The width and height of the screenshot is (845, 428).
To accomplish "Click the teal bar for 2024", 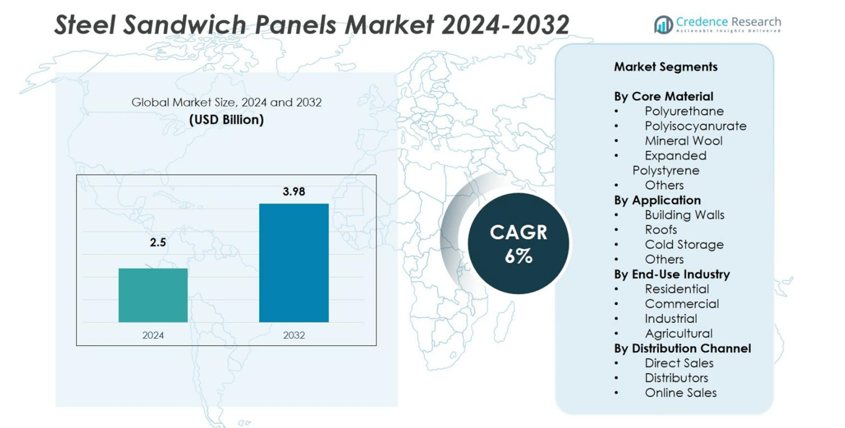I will (x=153, y=295).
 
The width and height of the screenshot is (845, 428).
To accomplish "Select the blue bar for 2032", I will (x=294, y=262).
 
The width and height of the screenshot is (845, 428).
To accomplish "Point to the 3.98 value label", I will (x=294, y=192).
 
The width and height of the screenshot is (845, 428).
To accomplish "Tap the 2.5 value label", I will (x=158, y=243).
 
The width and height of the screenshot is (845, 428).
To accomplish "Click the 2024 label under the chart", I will (x=153, y=335).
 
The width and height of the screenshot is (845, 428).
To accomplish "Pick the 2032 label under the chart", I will (x=294, y=335).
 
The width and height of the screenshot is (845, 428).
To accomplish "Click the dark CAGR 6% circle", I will (x=518, y=243).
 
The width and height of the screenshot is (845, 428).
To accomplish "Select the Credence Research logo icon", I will (x=663, y=25).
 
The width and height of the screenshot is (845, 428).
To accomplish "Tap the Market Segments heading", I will (x=666, y=67).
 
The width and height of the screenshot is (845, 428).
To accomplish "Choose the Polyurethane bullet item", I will (x=684, y=112).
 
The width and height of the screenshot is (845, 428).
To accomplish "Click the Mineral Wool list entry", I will (x=683, y=141).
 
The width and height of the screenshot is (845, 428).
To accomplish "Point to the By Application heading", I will (x=657, y=200).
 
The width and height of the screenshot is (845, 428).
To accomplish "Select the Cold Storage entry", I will (x=684, y=245).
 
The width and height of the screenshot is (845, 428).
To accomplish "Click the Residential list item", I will (x=676, y=289).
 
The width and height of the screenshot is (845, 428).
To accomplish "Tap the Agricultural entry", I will (x=679, y=333).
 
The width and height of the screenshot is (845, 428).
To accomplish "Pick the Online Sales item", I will (x=680, y=393).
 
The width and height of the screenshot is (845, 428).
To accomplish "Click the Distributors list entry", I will (x=676, y=378).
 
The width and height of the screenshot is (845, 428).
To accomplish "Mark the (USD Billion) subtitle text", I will (x=226, y=119).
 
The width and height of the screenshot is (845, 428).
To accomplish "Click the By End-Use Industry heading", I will (x=671, y=274).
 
